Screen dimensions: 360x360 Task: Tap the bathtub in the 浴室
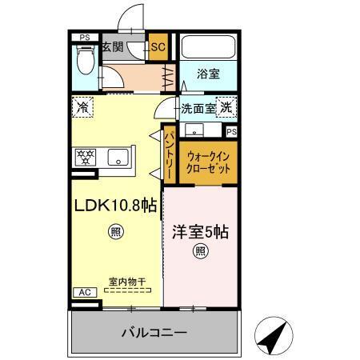coord(208,47)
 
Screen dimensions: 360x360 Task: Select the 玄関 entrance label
coord(111,47)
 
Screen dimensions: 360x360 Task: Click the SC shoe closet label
coord(158,47)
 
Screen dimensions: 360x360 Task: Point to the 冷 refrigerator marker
coord(82,106)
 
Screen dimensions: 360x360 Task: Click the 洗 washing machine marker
coord(226,108)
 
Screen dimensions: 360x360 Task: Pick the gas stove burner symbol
coord(85,156)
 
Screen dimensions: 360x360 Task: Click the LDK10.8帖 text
coord(115,206)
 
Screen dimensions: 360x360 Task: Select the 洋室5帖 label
coord(201,233)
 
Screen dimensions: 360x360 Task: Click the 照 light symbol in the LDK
coord(116,233)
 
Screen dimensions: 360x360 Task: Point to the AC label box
coord(84,293)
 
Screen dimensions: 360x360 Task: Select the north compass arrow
coord(273,334)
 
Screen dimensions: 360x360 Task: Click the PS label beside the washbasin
coord(231,132)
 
